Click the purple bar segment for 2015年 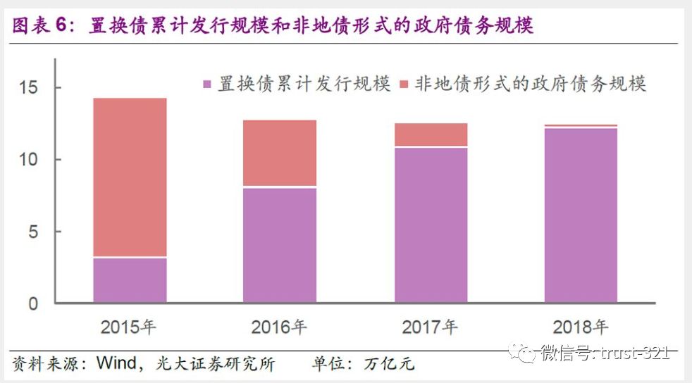click(130, 280)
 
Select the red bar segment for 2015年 click(130, 177)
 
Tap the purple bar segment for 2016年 click(280, 245)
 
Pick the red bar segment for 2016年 click(280, 153)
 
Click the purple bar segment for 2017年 click(431, 225)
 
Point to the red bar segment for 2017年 click(431, 134)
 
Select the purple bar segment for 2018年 click(581, 215)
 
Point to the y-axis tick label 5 click(33, 232)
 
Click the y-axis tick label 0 click(33, 304)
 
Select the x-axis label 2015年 click(129, 327)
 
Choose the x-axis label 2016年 click(279, 327)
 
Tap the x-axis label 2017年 click(430, 327)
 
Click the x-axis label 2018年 click(581, 327)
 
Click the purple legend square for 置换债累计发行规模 click(207, 84)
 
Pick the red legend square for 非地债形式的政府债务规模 click(404, 84)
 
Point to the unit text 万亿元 click(390, 364)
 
